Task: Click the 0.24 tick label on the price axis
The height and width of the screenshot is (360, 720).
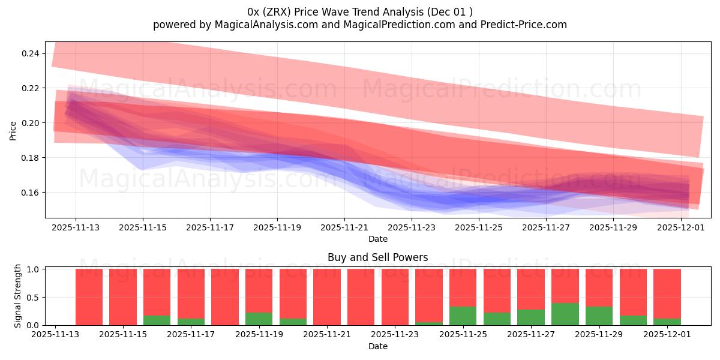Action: (x=31, y=53)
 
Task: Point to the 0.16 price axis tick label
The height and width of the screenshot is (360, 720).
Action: (x=31, y=193)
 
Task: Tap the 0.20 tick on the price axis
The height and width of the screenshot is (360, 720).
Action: (x=31, y=123)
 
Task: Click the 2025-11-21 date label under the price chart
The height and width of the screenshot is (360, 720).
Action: (x=344, y=228)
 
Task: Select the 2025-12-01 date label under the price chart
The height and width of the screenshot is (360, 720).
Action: (x=680, y=228)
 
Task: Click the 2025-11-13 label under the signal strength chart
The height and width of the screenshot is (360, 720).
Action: (x=55, y=335)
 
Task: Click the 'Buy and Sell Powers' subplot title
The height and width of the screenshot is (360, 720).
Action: (x=377, y=257)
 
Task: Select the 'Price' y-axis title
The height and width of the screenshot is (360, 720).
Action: (x=13, y=130)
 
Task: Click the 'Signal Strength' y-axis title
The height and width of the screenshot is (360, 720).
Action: (x=18, y=296)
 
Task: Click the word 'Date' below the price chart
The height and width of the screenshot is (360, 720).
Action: (x=377, y=239)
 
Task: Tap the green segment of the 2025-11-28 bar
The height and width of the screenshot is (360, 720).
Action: (x=565, y=314)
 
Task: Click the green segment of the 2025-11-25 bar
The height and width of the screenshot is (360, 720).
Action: (x=463, y=316)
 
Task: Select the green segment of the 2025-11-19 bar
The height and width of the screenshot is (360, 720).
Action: (x=259, y=319)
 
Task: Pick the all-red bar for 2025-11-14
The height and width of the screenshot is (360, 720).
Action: (x=89, y=297)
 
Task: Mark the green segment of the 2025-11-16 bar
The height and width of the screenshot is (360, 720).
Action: (x=157, y=320)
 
